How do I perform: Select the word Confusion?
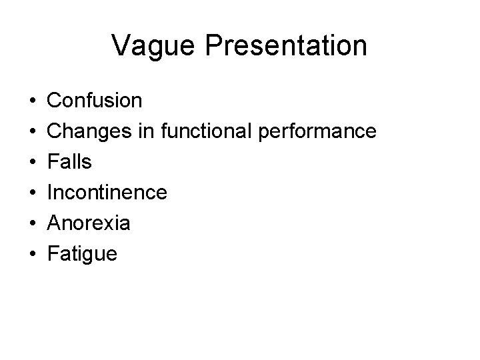[x=95, y=101]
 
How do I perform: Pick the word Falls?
[x=70, y=162]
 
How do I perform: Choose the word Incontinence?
[x=107, y=193]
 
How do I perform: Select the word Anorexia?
[x=89, y=223]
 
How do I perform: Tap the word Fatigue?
[x=83, y=255]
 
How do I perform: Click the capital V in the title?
[x=122, y=46]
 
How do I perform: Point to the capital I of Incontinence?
[x=51, y=193]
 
